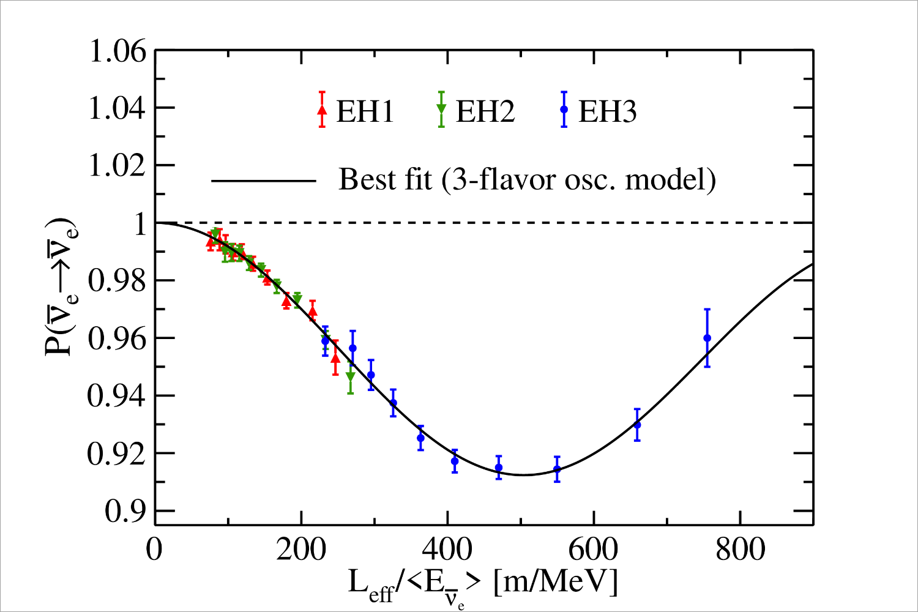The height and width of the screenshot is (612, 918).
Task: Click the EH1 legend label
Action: coord(365,112)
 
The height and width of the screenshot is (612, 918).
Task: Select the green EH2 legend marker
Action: coord(441,109)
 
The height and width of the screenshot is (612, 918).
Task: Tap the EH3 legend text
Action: coord(607,112)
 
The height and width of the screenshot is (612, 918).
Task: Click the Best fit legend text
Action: coord(527,180)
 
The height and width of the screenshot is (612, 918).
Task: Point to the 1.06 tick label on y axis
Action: coord(118,51)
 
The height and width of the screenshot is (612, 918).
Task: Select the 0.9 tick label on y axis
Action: coord(125,512)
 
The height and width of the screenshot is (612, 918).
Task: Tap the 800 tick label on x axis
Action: coord(740,550)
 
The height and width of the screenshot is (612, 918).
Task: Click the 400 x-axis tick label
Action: coord(447,550)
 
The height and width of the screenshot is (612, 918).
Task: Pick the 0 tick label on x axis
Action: coord(155,550)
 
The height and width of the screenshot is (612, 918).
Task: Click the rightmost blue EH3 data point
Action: coord(707,338)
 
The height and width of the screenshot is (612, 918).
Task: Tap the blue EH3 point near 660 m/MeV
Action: coord(637,425)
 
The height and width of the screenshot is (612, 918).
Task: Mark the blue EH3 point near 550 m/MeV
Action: coord(557,469)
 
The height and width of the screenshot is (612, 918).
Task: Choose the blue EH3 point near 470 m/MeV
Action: coord(499,468)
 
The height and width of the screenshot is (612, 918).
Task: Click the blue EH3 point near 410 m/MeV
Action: coord(455,461)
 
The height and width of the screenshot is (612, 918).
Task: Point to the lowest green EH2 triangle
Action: coord(350,376)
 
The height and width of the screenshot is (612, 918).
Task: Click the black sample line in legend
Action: coord(264,181)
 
